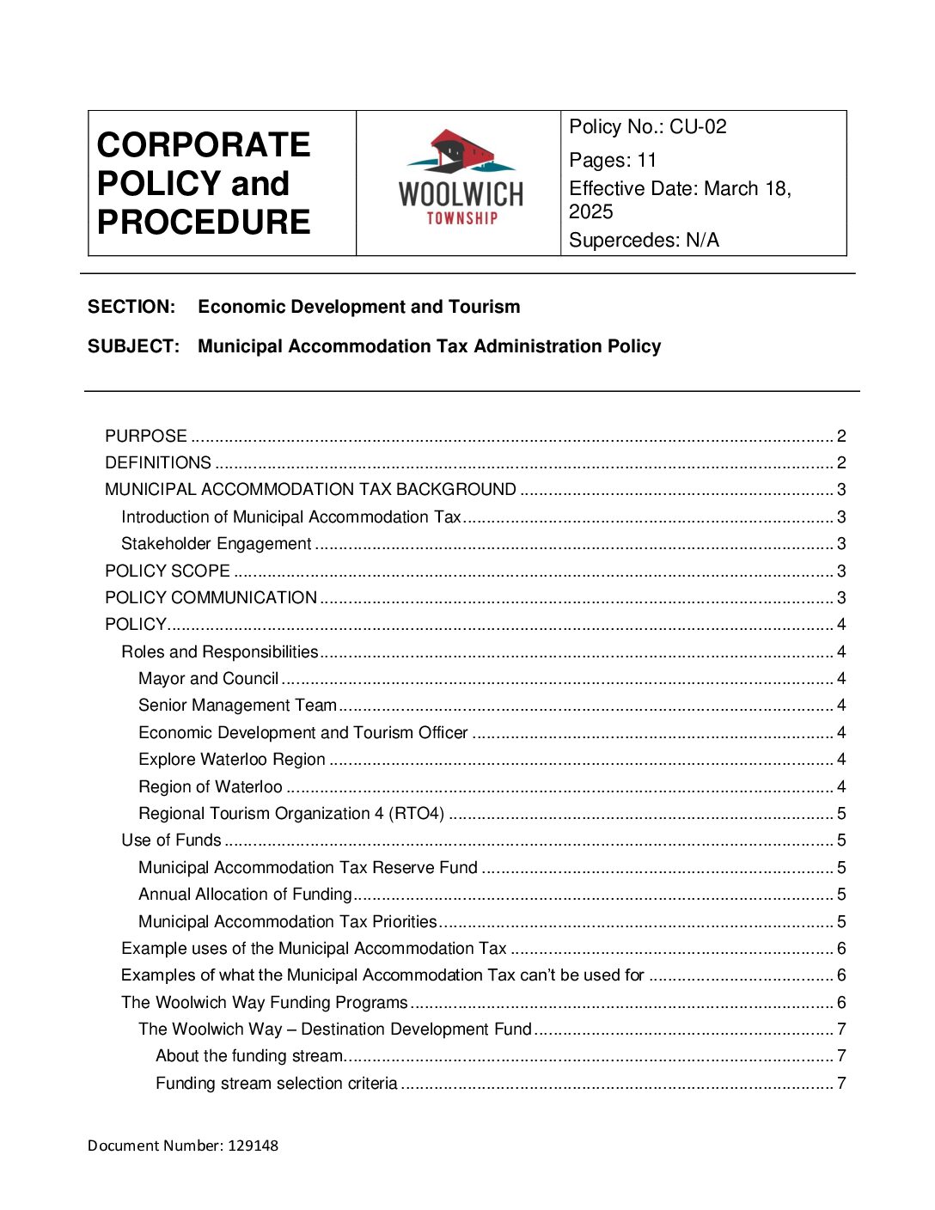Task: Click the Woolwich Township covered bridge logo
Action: click(x=460, y=178)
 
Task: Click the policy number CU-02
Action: click(x=698, y=127)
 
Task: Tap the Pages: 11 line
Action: click(x=613, y=161)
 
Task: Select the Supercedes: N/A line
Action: click(x=644, y=241)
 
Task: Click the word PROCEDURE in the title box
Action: click(x=204, y=223)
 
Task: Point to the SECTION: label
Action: click(x=131, y=307)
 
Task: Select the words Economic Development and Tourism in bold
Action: click(x=358, y=307)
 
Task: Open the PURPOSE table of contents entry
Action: click(x=146, y=437)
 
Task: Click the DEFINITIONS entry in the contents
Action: click(x=158, y=463)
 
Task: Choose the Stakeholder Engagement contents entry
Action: click(x=217, y=544)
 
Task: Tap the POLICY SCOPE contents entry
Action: click(x=168, y=571)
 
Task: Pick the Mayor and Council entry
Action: click(x=209, y=679)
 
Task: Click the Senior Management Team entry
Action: click(x=238, y=706)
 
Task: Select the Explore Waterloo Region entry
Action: click(x=232, y=760)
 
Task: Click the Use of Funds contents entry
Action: click(x=171, y=840)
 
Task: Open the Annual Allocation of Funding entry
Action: click(x=246, y=895)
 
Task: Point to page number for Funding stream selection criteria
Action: click(x=841, y=1084)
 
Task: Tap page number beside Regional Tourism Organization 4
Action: click(x=841, y=814)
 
